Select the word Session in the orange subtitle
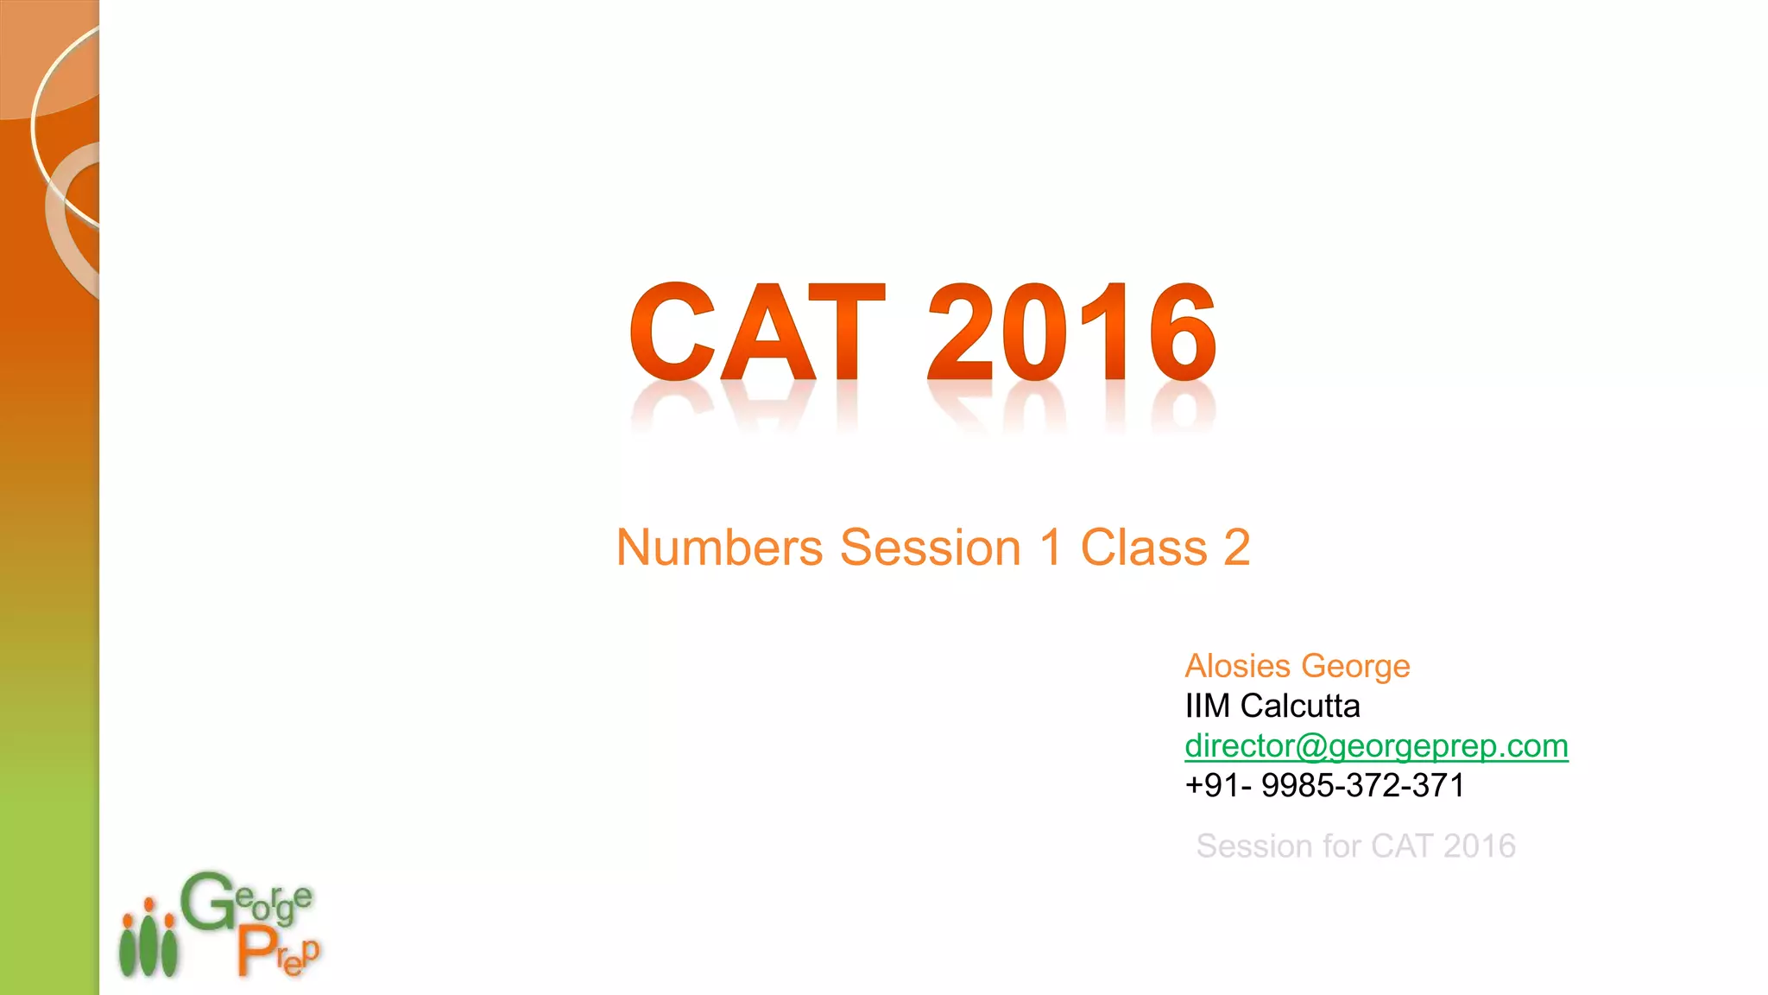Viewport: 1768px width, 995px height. pos(930,548)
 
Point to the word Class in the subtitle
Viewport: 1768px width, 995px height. pos(1143,548)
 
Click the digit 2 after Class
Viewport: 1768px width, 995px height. pos(1237,548)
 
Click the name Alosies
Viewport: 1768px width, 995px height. pos(1237,666)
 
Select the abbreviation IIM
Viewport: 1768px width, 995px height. pos(1207,706)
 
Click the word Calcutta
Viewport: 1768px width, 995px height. pos(1299,706)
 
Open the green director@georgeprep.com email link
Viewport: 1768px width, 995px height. pos(1376,745)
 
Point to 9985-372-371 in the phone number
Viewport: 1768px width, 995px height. pos(1362,785)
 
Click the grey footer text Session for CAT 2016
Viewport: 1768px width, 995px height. pos(1355,846)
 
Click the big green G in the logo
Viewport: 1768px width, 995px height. pos(207,903)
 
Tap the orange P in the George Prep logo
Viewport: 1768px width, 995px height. pos(256,952)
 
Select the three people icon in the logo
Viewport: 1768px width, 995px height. pos(148,940)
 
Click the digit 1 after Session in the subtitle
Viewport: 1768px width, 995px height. pos(1050,548)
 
